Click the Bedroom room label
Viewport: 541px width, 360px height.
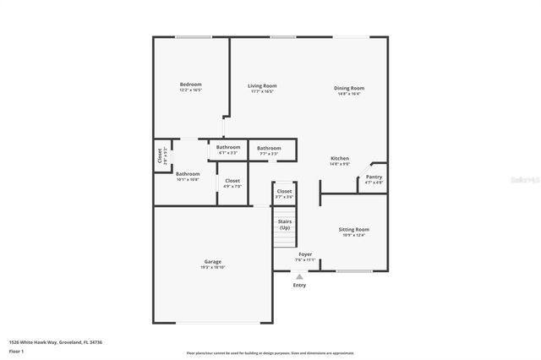click(190, 85)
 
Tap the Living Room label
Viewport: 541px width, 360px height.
click(262, 86)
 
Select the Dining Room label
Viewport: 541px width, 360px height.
click(348, 89)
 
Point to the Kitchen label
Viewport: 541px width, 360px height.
click(339, 159)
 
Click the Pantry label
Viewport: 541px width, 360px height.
click(374, 177)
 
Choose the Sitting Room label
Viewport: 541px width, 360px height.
click(354, 230)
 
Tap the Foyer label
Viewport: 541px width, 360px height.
click(305, 254)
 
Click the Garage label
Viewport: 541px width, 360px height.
click(212, 263)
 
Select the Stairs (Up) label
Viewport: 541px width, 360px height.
click(285, 224)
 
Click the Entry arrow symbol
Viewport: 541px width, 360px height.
click(299, 275)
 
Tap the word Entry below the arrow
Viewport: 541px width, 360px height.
click(299, 286)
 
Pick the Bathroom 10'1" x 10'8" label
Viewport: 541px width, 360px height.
click(188, 175)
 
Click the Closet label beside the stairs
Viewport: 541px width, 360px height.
click(285, 192)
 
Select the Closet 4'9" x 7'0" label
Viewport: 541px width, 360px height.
click(232, 181)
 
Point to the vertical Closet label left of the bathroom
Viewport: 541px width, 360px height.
click(160, 156)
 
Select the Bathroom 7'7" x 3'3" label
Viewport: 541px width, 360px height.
click(269, 149)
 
